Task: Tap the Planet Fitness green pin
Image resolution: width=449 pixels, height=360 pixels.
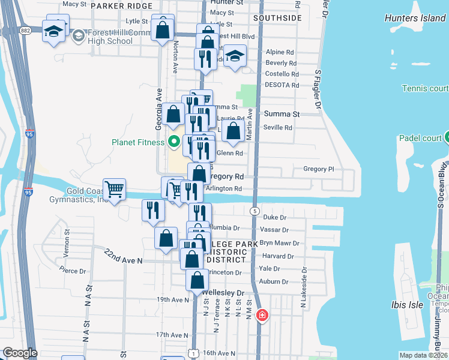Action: [174, 142]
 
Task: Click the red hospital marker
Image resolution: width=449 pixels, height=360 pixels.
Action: [262, 315]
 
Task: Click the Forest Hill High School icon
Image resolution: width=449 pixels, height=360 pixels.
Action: [78, 37]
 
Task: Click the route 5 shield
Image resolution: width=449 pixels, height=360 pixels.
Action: [255, 211]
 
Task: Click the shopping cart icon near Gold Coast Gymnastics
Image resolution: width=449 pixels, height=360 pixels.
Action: [114, 190]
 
